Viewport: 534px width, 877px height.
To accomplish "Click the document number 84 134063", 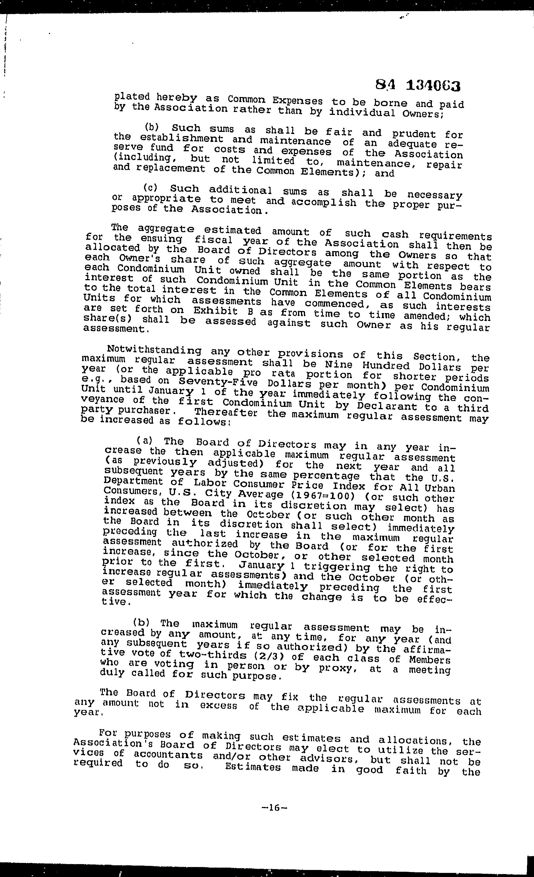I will click(x=418, y=85).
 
